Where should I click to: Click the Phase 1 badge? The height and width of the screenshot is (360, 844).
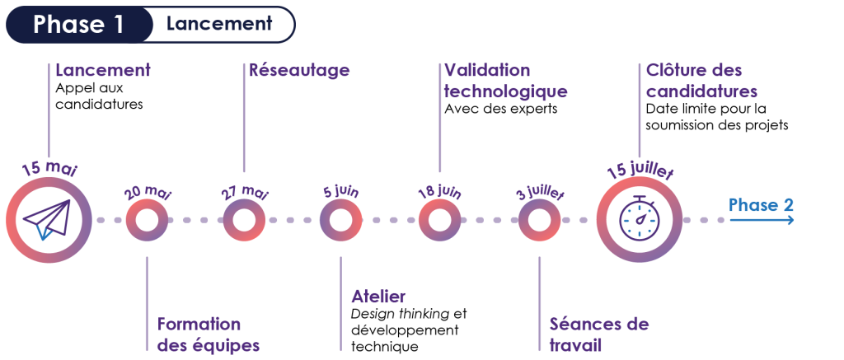pos(79,25)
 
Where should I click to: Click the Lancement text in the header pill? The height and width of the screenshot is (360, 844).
pos(218,24)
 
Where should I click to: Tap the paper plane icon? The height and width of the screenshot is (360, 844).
pos(48,220)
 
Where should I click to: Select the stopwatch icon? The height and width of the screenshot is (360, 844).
pos(639,220)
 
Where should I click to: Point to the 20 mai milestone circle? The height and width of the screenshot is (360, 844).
pos(147,220)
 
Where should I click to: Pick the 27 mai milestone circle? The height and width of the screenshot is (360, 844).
pos(244,220)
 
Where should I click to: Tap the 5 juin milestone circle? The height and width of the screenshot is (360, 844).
pos(340,220)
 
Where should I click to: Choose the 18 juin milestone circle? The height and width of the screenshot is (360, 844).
pos(439,220)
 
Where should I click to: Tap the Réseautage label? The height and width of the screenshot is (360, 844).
pos(300,71)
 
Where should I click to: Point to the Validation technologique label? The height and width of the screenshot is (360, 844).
pos(505,81)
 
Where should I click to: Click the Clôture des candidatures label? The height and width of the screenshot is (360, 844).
pos(701,81)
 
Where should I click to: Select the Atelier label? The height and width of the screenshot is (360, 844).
pos(378,297)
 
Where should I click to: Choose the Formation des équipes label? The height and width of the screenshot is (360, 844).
pos(208,334)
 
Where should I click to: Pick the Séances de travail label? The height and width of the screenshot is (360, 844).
pos(598,334)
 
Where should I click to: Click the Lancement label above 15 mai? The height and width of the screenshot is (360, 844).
pos(103,71)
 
